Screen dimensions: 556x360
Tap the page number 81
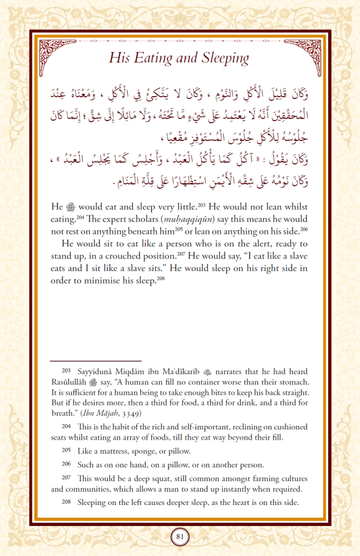tap(180, 536)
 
